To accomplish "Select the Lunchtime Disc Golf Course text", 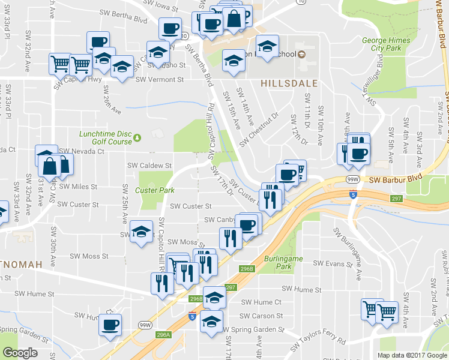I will [105, 137].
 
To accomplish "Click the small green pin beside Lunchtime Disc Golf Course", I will [138, 137].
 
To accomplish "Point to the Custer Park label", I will [155, 190].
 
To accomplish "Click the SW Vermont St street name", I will [159, 79].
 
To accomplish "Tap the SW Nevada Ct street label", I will [82, 152].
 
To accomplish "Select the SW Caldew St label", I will [149, 165].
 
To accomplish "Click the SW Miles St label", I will [78, 187].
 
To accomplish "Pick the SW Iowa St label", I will [160, 8].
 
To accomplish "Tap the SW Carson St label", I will [261, 316].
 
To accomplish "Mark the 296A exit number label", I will [163, 335].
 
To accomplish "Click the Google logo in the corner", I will [20, 353].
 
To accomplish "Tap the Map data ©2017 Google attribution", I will [412, 355].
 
